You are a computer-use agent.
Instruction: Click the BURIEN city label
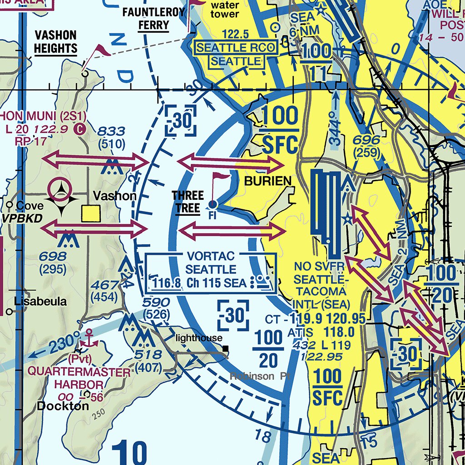[267, 181]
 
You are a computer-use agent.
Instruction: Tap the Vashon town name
[114, 196]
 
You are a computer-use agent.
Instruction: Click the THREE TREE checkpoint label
[188, 202]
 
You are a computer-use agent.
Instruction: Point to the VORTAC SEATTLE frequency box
[211, 273]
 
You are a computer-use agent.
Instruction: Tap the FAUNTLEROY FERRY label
[153, 18]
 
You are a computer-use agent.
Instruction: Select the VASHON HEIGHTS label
[55, 42]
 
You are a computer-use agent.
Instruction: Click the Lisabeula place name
[40, 301]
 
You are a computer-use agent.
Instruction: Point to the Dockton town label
[63, 406]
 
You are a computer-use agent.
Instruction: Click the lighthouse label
[199, 338]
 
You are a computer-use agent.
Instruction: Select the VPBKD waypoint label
[21, 218]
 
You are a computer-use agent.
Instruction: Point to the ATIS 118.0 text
[321, 333]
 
